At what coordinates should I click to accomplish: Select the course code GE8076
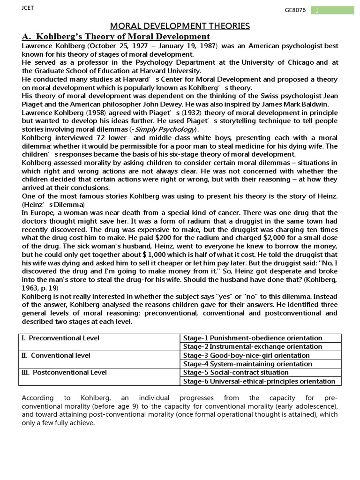tap(295, 11)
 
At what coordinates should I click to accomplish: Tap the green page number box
tap(332, 10)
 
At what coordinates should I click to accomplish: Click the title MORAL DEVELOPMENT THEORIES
tap(180, 26)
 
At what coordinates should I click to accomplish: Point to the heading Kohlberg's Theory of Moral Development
tap(116, 37)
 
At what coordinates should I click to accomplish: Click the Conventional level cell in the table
tap(56, 355)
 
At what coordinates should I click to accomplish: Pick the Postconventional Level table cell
tap(64, 373)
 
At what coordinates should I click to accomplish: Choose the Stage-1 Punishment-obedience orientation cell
tap(253, 338)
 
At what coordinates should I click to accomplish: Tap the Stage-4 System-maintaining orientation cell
tap(247, 364)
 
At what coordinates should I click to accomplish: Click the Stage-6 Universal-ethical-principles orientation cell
tap(259, 381)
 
